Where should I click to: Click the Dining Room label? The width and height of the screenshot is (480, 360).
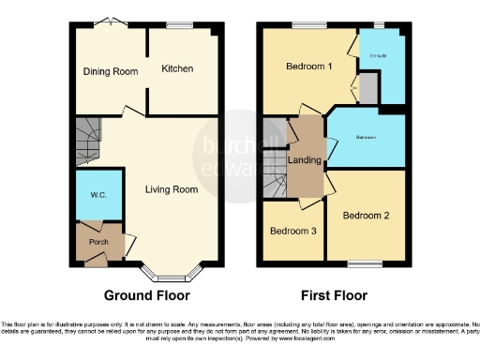pyautogui.click(x=111, y=71)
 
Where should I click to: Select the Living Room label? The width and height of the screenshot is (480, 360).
pyautogui.click(x=171, y=189)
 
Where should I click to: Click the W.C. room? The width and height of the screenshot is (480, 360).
pyautogui.click(x=98, y=195)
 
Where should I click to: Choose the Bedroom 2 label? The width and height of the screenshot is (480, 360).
pyautogui.click(x=364, y=215)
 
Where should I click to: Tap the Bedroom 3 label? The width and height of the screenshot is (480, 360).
pyautogui.click(x=292, y=232)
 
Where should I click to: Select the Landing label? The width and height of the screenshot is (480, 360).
pyautogui.click(x=306, y=160)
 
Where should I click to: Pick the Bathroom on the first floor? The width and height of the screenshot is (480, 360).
pyautogui.click(x=366, y=139)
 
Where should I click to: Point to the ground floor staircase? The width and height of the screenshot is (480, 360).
pyautogui.click(x=88, y=142)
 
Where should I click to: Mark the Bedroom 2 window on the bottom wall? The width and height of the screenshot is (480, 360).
pyautogui.click(x=366, y=262)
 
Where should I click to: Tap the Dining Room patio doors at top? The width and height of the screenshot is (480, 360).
pyautogui.click(x=112, y=22)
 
